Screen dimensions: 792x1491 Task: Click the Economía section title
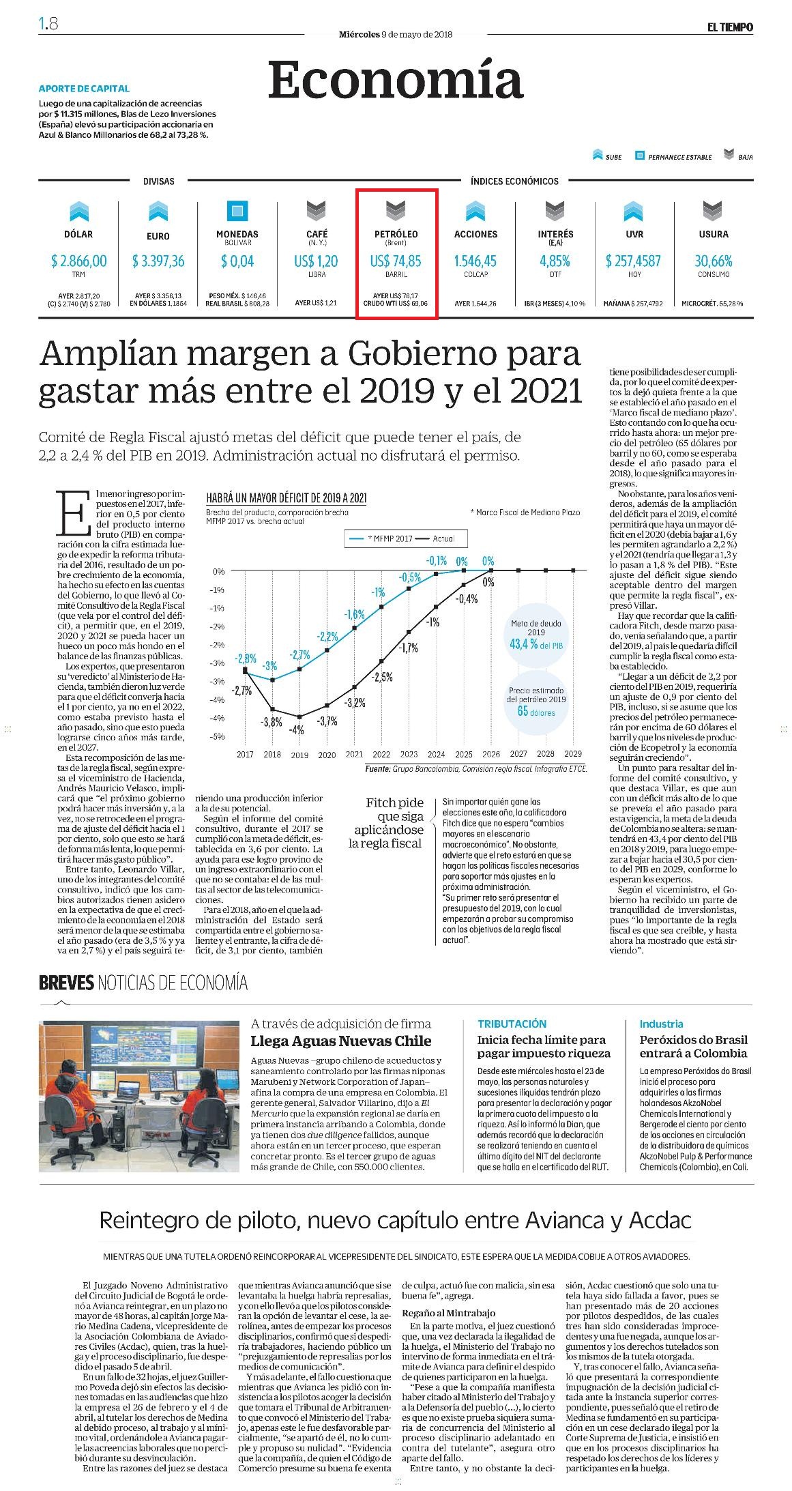(x=396, y=81)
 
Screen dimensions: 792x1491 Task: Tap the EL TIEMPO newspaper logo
(x=729, y=27)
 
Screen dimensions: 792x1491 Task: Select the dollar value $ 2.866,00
(x=78, y=261)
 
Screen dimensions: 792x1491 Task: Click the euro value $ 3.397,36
(x=158, y=261)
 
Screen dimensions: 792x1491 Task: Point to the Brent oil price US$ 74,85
(x=396, y=261)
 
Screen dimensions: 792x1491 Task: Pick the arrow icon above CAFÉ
(x=317, y=211)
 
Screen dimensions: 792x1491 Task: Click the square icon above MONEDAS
(x=237, y=211)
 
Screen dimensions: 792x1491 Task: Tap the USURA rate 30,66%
(x=713, y=261)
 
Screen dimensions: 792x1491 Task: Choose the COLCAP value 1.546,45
(x=475, y=261)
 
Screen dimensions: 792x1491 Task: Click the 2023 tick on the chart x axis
(x=409, y=754)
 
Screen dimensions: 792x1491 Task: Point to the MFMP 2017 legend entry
(x=381, y=538)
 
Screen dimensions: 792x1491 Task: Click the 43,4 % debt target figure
(x=524, y=644)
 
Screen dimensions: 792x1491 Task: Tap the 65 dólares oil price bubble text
(x=536, y=712)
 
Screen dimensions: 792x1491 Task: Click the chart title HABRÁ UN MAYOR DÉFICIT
(x=286, y=497)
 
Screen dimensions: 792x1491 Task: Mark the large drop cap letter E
(x=74, y=512)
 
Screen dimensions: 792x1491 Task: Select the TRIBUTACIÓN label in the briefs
(x=512, y=1024)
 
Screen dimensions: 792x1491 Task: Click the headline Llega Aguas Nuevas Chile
(x=341, y=1041)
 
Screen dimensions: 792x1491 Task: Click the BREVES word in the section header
(x=66, y=983)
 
